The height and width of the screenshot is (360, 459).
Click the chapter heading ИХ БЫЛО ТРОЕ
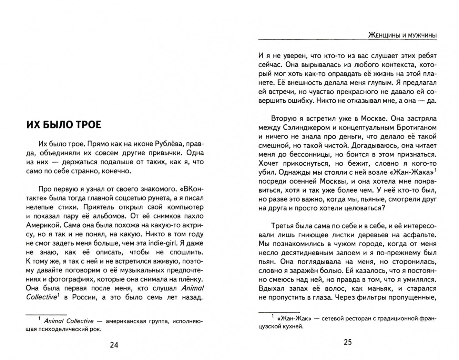[64, 125]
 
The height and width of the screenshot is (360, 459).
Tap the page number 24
[114, 345]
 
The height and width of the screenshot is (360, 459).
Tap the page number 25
[348, 342]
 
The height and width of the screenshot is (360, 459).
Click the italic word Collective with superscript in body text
[41, 297]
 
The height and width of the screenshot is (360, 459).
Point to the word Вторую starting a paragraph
[284, 118]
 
